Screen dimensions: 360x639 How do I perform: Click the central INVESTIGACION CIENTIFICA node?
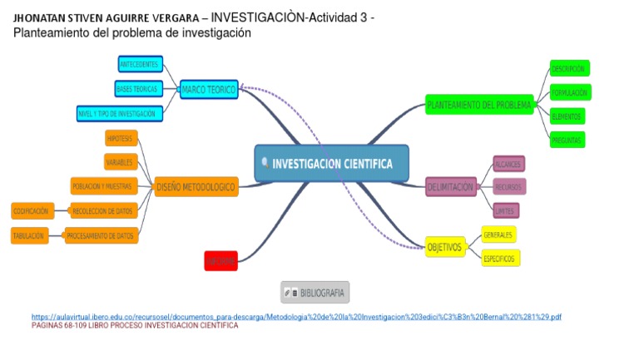click(331, 164)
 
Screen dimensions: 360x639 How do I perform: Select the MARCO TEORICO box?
click(209, 89)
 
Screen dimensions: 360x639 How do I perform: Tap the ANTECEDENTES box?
click(140, 64)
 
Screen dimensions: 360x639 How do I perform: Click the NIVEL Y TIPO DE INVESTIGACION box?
click(116, 112)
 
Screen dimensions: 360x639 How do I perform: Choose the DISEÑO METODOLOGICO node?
click(196, 187)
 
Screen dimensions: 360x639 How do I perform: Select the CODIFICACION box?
click(32, 211)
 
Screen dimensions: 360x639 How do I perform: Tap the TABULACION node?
click(29, 236)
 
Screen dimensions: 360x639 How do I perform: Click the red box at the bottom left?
click(220, 261)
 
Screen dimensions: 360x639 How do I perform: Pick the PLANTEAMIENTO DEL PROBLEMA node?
click(478, 105)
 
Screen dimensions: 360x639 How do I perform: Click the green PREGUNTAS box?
click(567, 140)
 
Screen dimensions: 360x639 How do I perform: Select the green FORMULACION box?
click(570, 92)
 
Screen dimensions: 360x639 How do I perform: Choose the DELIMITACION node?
click(450, 187)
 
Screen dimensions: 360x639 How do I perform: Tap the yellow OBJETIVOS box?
click(444, 247)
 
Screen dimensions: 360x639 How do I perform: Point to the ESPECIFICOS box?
click(499, 259)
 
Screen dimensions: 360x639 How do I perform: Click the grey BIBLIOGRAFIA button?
click(315, 293)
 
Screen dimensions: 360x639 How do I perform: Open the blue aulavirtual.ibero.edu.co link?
click(296, 317)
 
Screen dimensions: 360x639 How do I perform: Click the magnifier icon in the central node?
click(265, 164)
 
